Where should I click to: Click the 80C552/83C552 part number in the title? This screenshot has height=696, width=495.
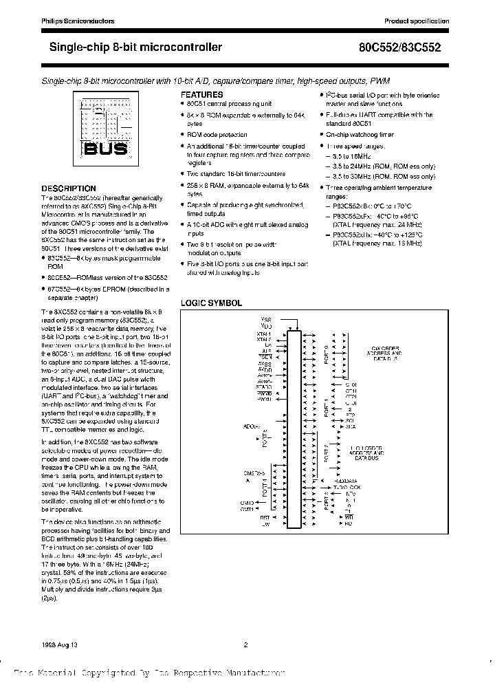[x=412, y=48]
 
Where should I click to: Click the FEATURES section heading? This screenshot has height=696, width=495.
[x=201, y=94]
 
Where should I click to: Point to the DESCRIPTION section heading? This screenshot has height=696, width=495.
[x=69, y=188]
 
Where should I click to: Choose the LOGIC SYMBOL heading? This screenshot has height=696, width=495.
[x=210, y=303]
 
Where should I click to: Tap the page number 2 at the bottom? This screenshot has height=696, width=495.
[x=245, y=644]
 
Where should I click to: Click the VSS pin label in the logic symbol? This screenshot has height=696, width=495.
[x=266, y=319]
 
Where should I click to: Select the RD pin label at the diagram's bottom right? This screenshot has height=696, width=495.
[x=349, y=523]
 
